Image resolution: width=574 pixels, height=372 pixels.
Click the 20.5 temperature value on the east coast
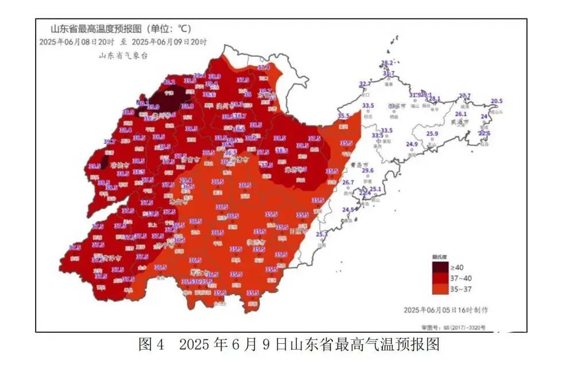[497, 101]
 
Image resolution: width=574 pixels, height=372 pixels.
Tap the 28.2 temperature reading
[387, 63]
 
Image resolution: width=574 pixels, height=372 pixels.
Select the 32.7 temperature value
[364, 85]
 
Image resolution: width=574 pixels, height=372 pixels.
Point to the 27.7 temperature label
[464, 96]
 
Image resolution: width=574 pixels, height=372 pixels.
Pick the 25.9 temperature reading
[432, 134]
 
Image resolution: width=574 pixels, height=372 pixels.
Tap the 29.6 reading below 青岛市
[367, 171]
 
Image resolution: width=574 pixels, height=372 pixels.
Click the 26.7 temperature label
[348, 182]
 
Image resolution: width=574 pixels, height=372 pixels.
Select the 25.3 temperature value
[321, 234]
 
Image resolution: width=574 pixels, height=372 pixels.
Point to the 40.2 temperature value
[170, 82]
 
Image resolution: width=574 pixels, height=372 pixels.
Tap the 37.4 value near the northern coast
[263, 68]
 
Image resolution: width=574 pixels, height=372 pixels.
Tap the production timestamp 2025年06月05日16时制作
[445, 310]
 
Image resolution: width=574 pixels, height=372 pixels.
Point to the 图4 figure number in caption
[152, 345]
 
